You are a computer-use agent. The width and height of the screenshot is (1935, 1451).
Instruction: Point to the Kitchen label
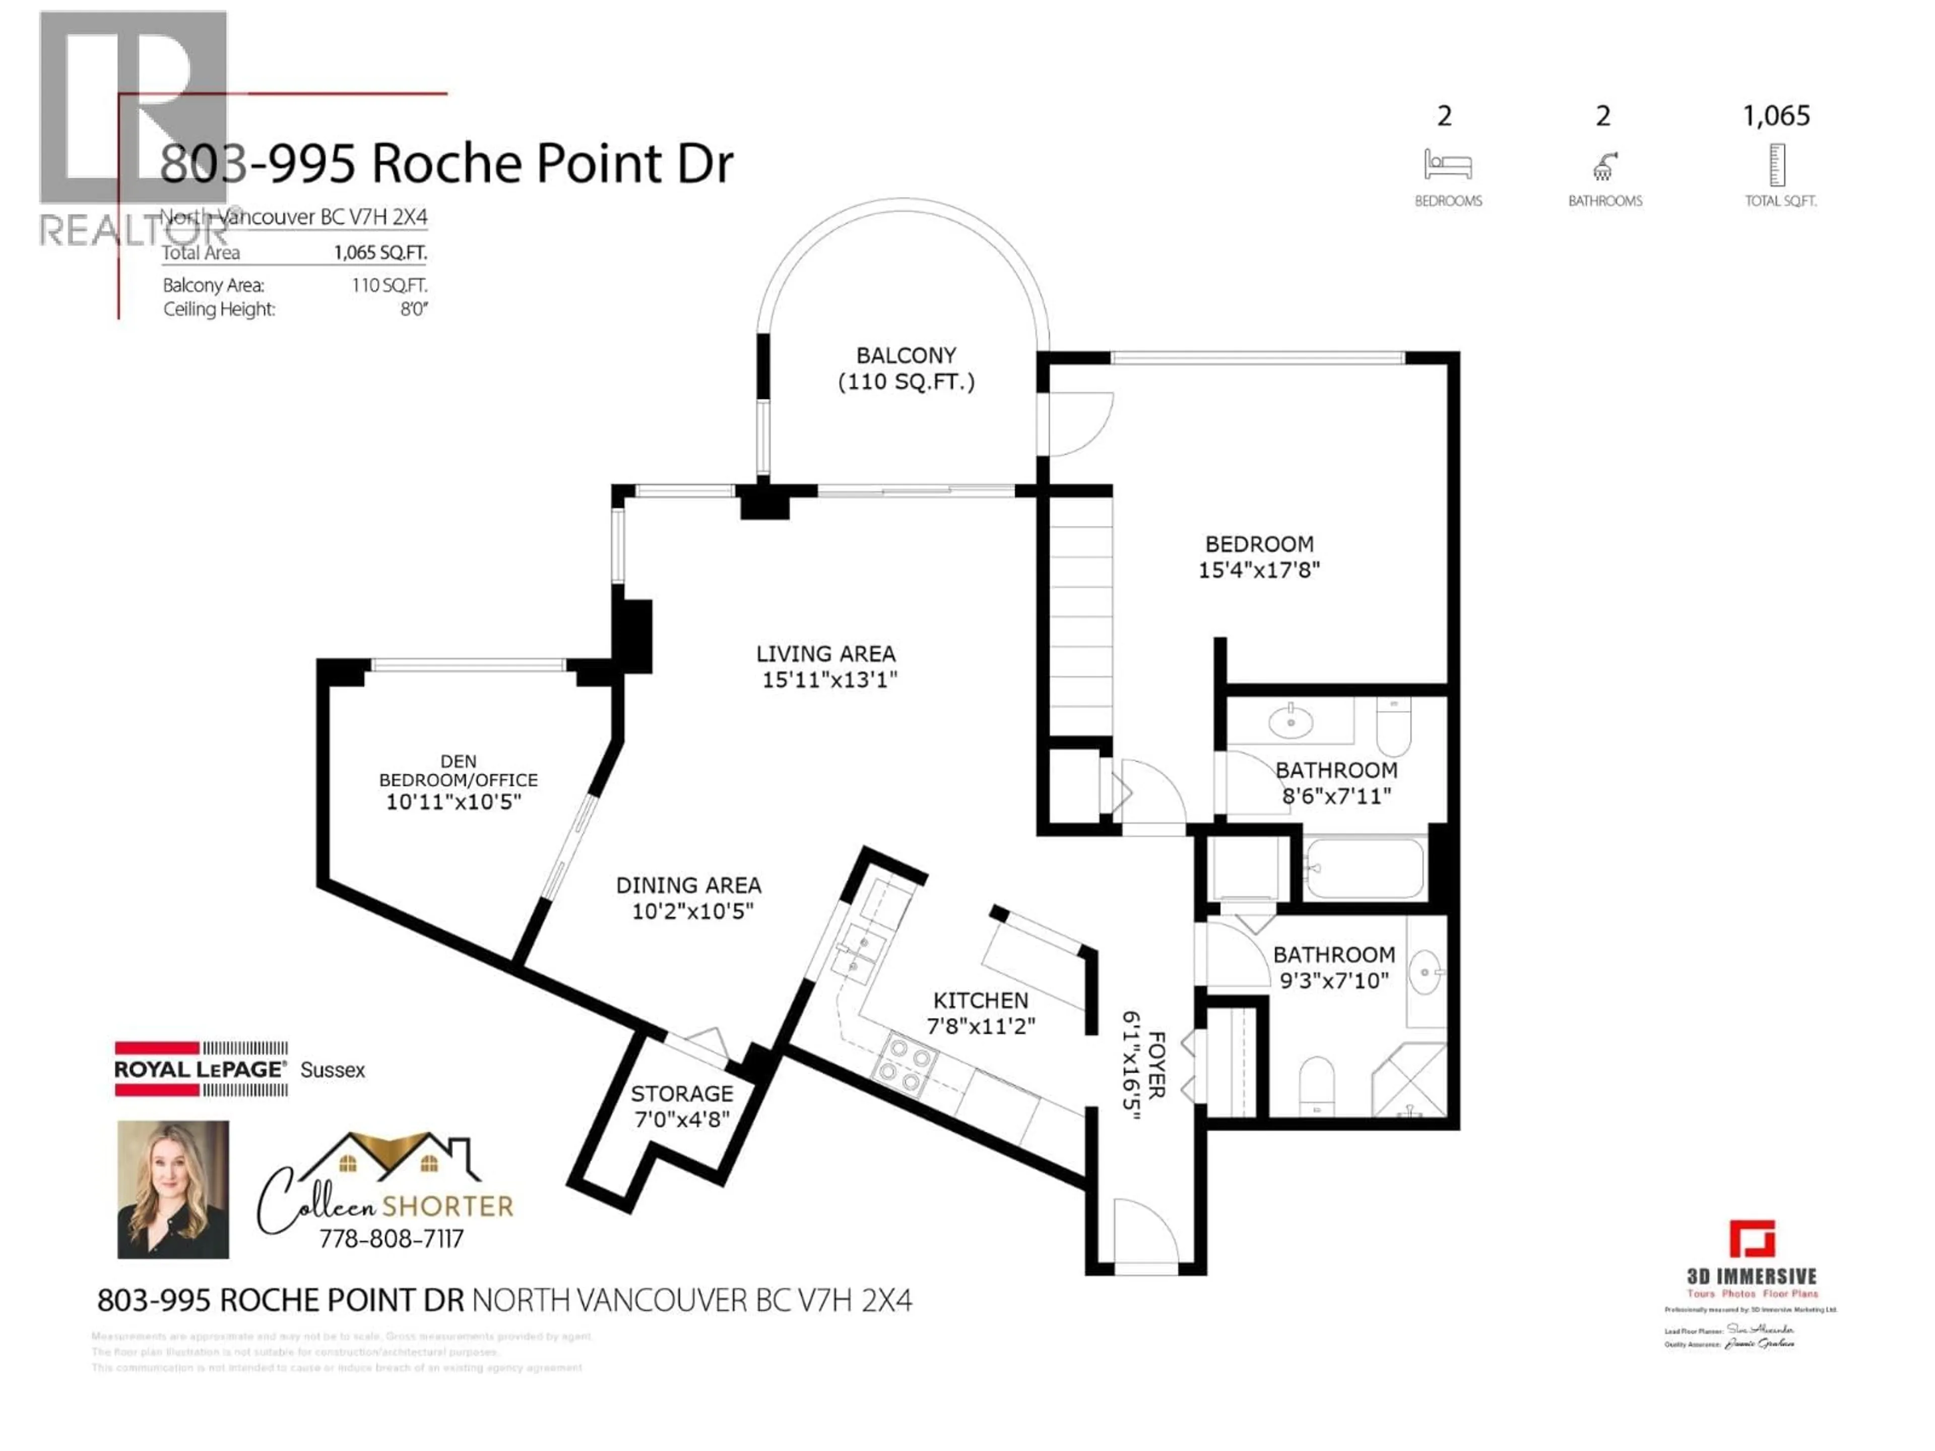pos(981,1000)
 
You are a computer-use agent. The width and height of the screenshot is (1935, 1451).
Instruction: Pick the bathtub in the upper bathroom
pos(1363,869)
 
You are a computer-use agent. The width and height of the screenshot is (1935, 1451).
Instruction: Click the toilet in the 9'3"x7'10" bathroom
pos(1317,1085)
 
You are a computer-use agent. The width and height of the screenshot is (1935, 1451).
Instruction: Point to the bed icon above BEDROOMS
pos(1448,164)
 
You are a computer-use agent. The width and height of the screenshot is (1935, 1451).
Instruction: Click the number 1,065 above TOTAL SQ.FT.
pos(1776,115)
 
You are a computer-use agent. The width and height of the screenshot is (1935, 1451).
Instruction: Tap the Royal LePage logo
pos(201,1069)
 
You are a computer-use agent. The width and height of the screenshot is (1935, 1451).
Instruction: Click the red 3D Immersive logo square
pos(1751,1238)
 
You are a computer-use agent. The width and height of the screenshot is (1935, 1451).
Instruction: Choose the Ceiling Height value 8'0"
pos(413,309)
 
